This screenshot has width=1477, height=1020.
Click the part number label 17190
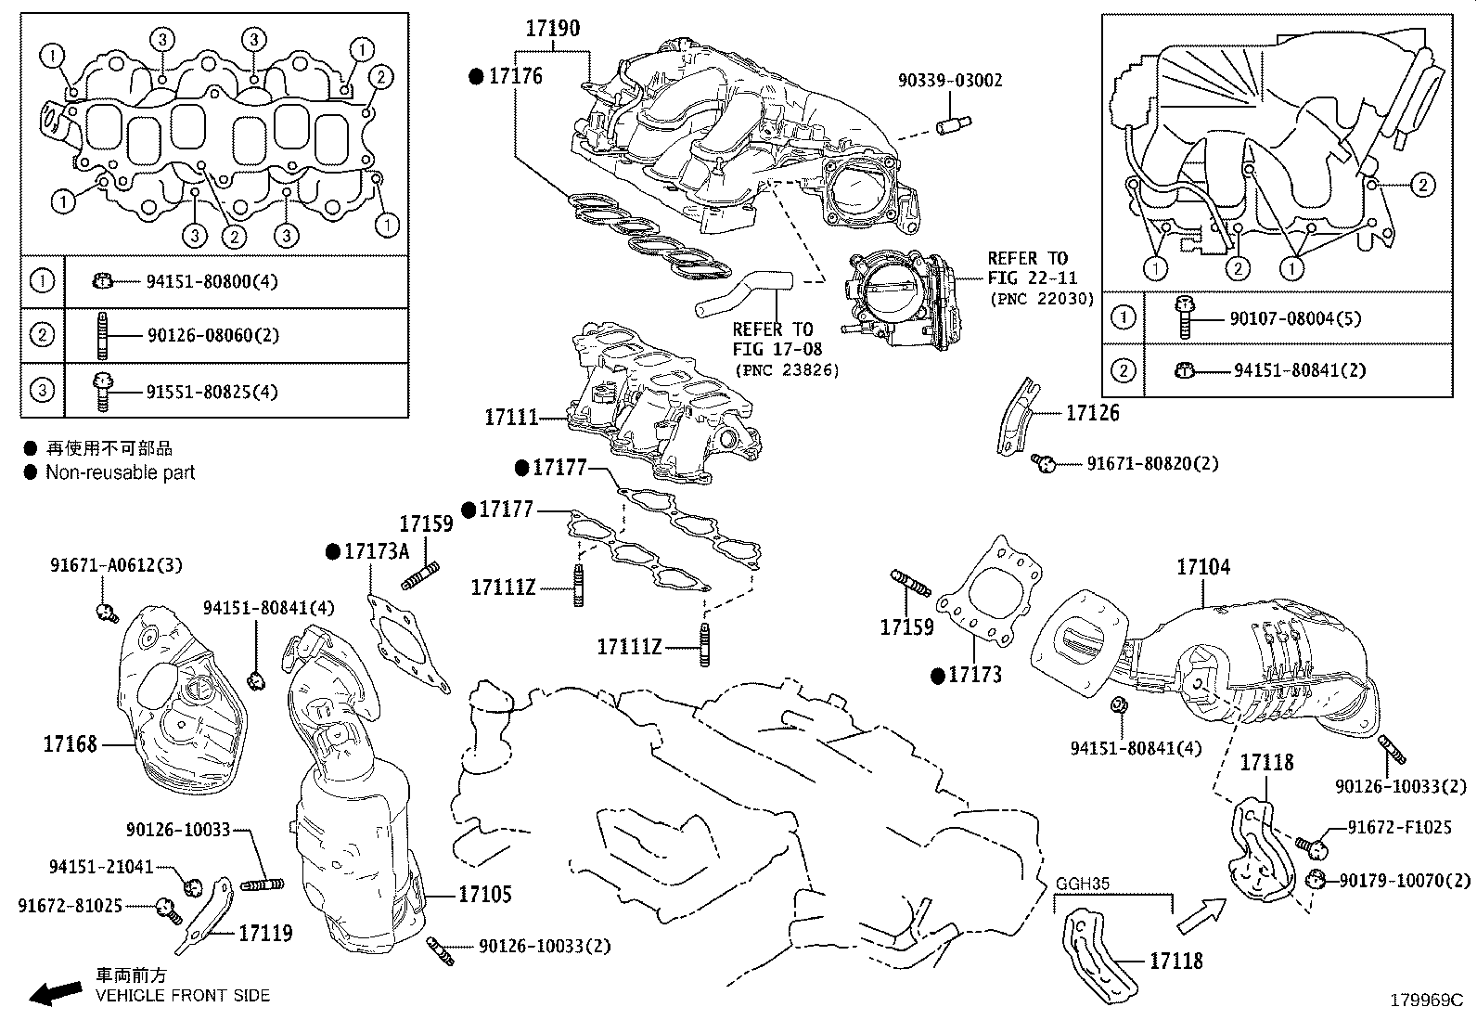[552, 29]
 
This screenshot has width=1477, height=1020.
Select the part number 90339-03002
[949, 81]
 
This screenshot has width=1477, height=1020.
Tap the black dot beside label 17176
[477, 77]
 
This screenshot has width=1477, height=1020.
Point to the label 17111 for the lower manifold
[511, 418]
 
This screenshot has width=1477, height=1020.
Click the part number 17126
[1092, 414]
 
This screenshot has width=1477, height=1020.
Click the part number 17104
[1203, 567]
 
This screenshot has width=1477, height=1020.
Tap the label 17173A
[376, 551]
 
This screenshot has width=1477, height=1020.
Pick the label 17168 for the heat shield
[70, 744]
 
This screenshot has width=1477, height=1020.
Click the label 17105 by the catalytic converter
[484, 895]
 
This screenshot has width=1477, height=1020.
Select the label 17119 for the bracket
[265, 933]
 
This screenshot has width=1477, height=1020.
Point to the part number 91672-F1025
[1399, 827]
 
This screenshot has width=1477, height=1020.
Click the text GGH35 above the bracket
[1083, 885]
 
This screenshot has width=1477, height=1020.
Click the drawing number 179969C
[1425, 1001]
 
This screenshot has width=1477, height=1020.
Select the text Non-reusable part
[121, 472]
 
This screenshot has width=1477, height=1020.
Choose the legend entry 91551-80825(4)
[212, 392]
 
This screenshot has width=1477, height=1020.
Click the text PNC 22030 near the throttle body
[1043, 300]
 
